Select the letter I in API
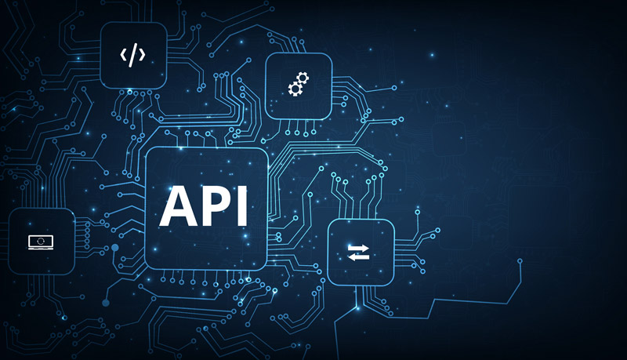pos(242,205)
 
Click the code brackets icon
pos(132,55)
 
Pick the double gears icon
pos(299,84)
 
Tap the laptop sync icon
pos(41,242)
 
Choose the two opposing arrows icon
pos(358,253)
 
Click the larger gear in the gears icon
pos(303,78)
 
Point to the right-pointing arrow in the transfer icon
pos(358,248)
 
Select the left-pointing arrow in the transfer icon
pos(358,256)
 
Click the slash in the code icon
pos(132,55)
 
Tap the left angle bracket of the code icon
pos(123,54)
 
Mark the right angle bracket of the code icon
pos(142,54)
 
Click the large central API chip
pos(206,209)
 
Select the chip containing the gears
pos(299,86)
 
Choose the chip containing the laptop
pos(42,242)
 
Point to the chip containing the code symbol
pos(133,55)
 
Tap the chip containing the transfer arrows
pos(361,253)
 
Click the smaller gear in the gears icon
pos(295,89)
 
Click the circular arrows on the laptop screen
pos(41,242)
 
